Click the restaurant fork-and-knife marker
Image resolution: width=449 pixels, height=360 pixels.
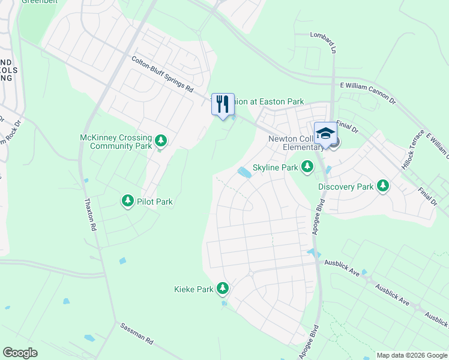223,104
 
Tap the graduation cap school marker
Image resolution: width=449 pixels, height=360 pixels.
325,133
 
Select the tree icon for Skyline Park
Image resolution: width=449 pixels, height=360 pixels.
307,166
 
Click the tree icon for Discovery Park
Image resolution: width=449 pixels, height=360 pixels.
382,186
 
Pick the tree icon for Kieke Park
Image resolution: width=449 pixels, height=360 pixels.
223,289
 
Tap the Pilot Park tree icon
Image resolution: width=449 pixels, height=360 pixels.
127,200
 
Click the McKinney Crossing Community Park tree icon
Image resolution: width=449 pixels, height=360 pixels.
160,141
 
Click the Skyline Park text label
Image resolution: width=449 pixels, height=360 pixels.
275,167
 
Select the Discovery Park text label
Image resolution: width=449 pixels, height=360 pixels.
346,187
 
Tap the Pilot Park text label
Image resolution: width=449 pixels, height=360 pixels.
155,202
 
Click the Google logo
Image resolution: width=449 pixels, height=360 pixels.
20,353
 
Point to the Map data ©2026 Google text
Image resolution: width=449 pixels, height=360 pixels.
411,355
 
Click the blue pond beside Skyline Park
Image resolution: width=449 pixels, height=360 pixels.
244,172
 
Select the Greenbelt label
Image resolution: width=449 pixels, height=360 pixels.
35,2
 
